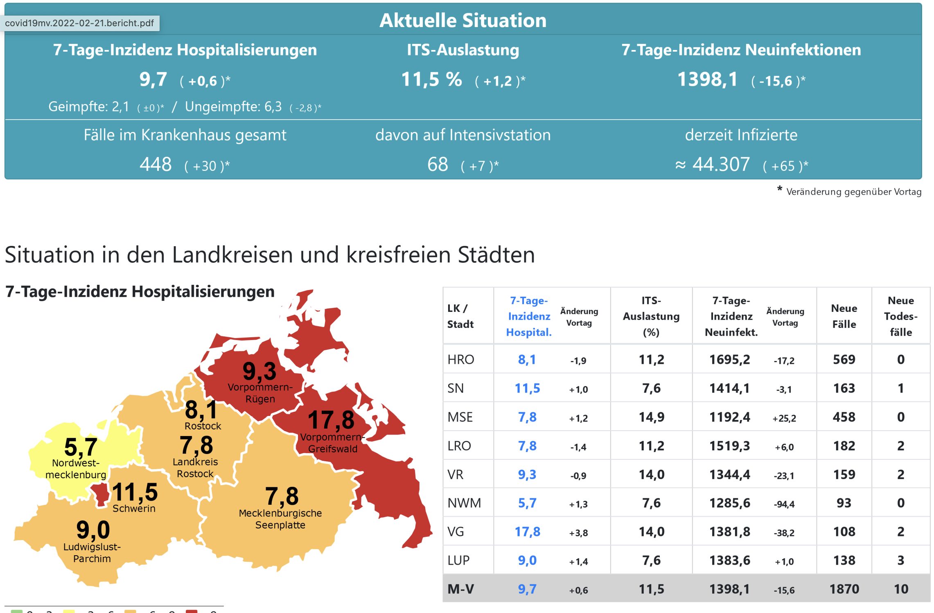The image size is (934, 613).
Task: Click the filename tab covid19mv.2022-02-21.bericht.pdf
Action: click(x=79, y=23)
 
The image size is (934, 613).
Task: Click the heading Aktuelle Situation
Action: click(x=462, y=20)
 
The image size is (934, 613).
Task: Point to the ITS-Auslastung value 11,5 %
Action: click(x=431, y=79)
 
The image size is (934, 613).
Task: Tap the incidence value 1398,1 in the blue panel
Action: click(x=707, y=79)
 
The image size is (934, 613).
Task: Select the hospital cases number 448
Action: click(x=156, y=165)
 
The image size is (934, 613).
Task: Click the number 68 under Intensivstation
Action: click(x=438, y=165)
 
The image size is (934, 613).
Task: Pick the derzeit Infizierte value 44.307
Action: click(x=721, y=165)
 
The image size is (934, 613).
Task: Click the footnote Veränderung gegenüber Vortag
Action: click(x=853, y=192)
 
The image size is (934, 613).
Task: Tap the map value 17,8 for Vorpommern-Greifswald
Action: click(x=331, y=420)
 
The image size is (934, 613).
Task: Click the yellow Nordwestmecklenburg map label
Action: click(x=76, y=469)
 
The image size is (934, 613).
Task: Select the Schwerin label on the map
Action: click(x=134, y=509)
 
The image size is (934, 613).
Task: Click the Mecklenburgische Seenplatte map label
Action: click(x=280, y=519)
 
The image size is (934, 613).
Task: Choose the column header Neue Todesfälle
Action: click(x=900, y=316)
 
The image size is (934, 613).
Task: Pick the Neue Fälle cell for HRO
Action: click(x=844, y=359)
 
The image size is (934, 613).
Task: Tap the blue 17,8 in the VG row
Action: click(x=527, y=531)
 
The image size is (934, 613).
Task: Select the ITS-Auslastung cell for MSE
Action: click(x=651, y=417)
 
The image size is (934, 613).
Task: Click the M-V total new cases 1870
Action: click(x=844, y=589)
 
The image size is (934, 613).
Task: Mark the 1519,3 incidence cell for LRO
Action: click(x=729, y=445)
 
